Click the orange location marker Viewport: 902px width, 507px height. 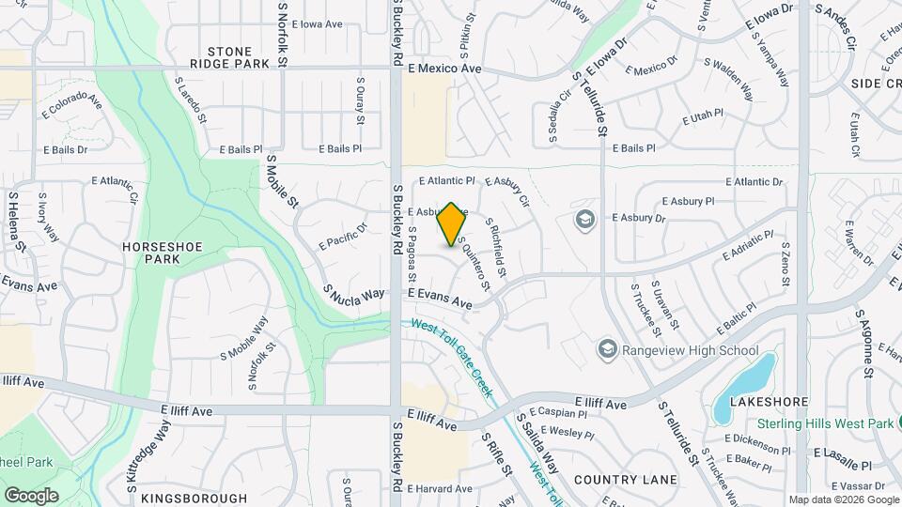pyautogui.click(x=451, y=224)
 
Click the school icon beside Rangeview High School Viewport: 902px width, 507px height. pyautogui.click(x=607, y=351)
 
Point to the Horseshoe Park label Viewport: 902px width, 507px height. pyautogui.click(x=157, y=252)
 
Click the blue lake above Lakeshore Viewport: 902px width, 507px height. pyautogui.click(x=743, y=387)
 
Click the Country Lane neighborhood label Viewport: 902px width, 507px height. pyautogui.click(x=625, y=480)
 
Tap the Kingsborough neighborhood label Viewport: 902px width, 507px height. pyautogui.click(x=194, y=499)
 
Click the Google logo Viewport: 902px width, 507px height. pyautogui.click(x=31, y=495)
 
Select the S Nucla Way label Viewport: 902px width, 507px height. pyautogui.click(x=353, y=293)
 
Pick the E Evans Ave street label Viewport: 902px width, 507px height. pyautogui.click(x=440, y=299)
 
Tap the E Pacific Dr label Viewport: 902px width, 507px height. pyautogui.click(x=343, y=236)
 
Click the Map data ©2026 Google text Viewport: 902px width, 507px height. pyautogui.click(x=843, y=499)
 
